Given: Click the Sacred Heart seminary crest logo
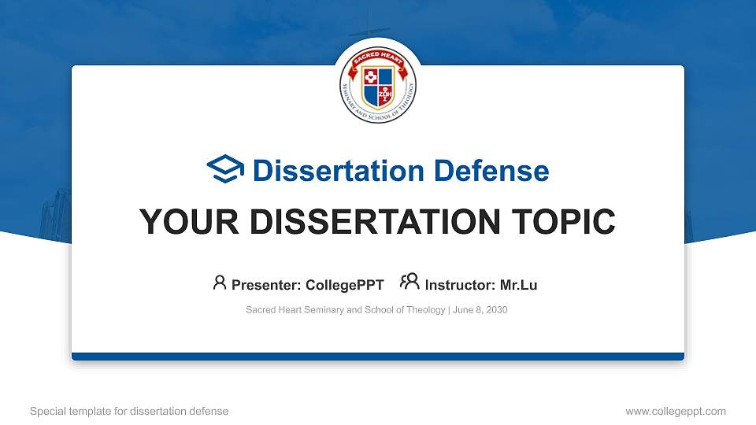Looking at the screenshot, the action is click(378, 84).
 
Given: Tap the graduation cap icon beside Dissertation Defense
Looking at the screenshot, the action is click(225, 168).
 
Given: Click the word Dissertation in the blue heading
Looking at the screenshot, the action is click(339, 171).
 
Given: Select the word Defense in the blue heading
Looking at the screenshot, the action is click(491, 171).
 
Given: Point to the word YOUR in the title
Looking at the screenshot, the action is click(189, 222).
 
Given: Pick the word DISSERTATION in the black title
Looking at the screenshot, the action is click(375, 222).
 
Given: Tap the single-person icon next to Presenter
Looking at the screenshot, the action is click(220, 283).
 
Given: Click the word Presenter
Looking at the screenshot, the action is click(266, 285).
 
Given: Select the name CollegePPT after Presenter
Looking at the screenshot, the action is click(345, 285).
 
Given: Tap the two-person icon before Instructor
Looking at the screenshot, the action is click(409, 282).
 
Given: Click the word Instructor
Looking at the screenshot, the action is click(460, 285).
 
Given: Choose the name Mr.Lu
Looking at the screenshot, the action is click(518, 285).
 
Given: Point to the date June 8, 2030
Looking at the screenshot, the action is click(480, 310).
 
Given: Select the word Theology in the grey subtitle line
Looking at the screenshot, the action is click(426, 310).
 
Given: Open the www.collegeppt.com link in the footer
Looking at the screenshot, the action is click(676, 412).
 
